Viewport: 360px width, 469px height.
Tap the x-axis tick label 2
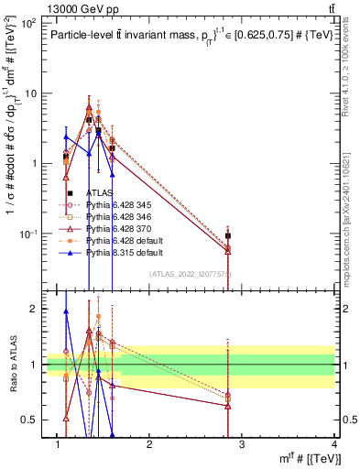(x=149, y=444)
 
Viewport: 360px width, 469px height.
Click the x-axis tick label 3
(x=242, y=444)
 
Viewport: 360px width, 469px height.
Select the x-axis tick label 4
(x=333, y=444)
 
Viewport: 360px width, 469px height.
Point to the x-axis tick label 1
(x=58, y=444)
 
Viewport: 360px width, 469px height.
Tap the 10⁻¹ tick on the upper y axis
(x=27, y=234)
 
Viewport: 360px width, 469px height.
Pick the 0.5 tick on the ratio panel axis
(x=29, y=420)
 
